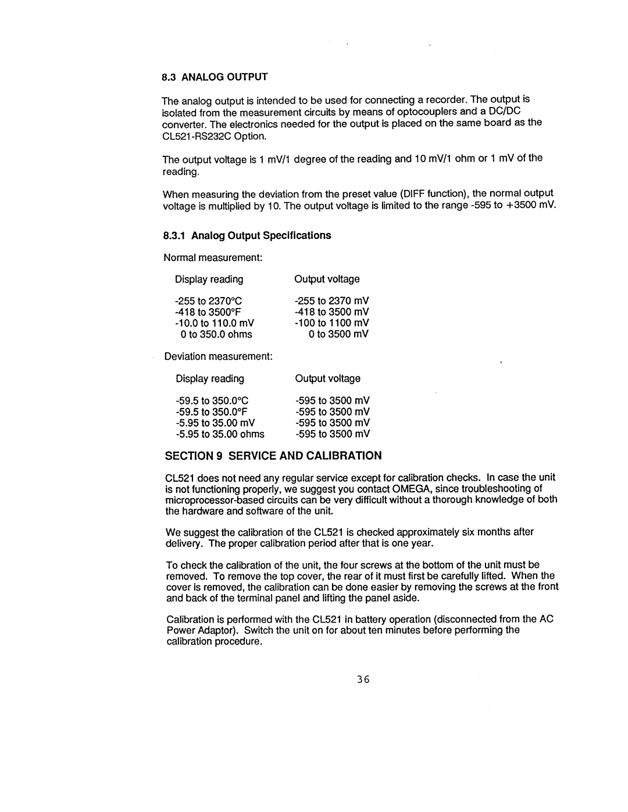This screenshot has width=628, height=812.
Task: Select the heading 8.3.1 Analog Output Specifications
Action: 247,235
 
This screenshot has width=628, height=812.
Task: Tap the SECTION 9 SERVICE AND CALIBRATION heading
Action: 273,455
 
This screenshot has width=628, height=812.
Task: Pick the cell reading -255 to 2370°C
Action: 208,301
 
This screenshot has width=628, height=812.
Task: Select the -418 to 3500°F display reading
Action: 207,312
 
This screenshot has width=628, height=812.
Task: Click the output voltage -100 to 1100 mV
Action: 332,323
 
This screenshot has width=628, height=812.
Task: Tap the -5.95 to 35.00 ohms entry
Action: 220,434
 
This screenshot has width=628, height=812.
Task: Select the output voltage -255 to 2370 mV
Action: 332,301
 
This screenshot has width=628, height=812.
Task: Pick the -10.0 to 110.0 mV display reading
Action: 215,323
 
